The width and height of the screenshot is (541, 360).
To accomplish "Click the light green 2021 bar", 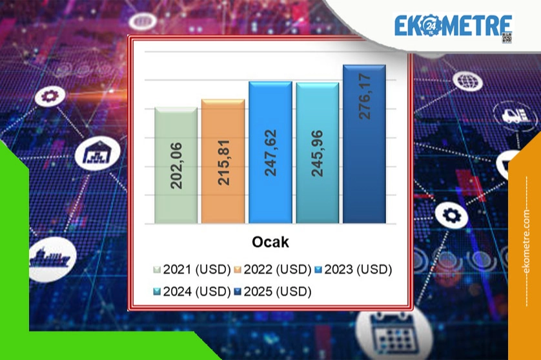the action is [x=176, y=165].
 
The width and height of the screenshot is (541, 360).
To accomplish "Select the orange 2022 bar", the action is [x=223, y=161].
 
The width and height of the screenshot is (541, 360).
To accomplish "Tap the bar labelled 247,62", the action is [x=270, y=152].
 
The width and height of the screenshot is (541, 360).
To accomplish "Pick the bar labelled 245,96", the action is [x=318, y=153].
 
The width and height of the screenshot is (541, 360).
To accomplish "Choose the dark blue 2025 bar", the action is [x=364, y=144].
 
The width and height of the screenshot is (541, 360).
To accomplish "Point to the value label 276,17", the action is [x=365, y=97].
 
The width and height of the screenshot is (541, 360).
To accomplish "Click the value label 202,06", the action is [x=176, y=166].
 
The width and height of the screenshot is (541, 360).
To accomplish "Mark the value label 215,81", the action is [x=223, y=163].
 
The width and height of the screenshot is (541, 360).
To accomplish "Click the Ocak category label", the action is [x=270, y=242].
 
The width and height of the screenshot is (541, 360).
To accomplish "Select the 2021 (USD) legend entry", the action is [x=192, y=269].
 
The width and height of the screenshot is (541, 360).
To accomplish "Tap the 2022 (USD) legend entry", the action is [x=272, y=269].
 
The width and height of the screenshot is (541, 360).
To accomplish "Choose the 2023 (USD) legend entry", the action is [x=353, y=269].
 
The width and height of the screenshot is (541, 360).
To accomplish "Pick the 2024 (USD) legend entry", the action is [x=192, y=292].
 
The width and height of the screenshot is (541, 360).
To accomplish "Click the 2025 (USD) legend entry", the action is [x=272, y=292].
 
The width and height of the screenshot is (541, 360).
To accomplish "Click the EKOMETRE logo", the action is [x=453, y=26].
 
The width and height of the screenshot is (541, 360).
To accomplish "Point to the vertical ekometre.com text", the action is [x=526, y=241].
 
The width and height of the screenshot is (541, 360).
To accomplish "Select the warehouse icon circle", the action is [x=97, y=153].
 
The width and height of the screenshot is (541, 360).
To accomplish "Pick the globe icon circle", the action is [x=467, y=81].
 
